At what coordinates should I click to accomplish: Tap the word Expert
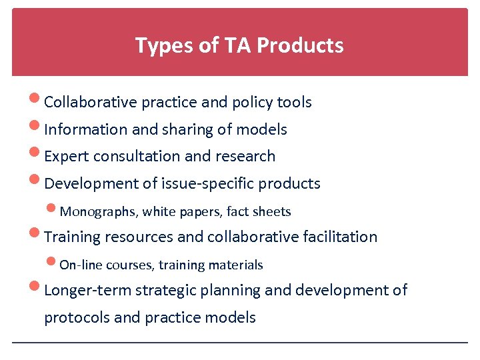click(x=67, y=156)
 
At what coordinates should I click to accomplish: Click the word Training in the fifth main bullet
click(x=71, y=237)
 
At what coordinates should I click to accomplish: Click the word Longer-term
click(x=87, y=290)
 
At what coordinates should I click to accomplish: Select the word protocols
click(x=76, y=317)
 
